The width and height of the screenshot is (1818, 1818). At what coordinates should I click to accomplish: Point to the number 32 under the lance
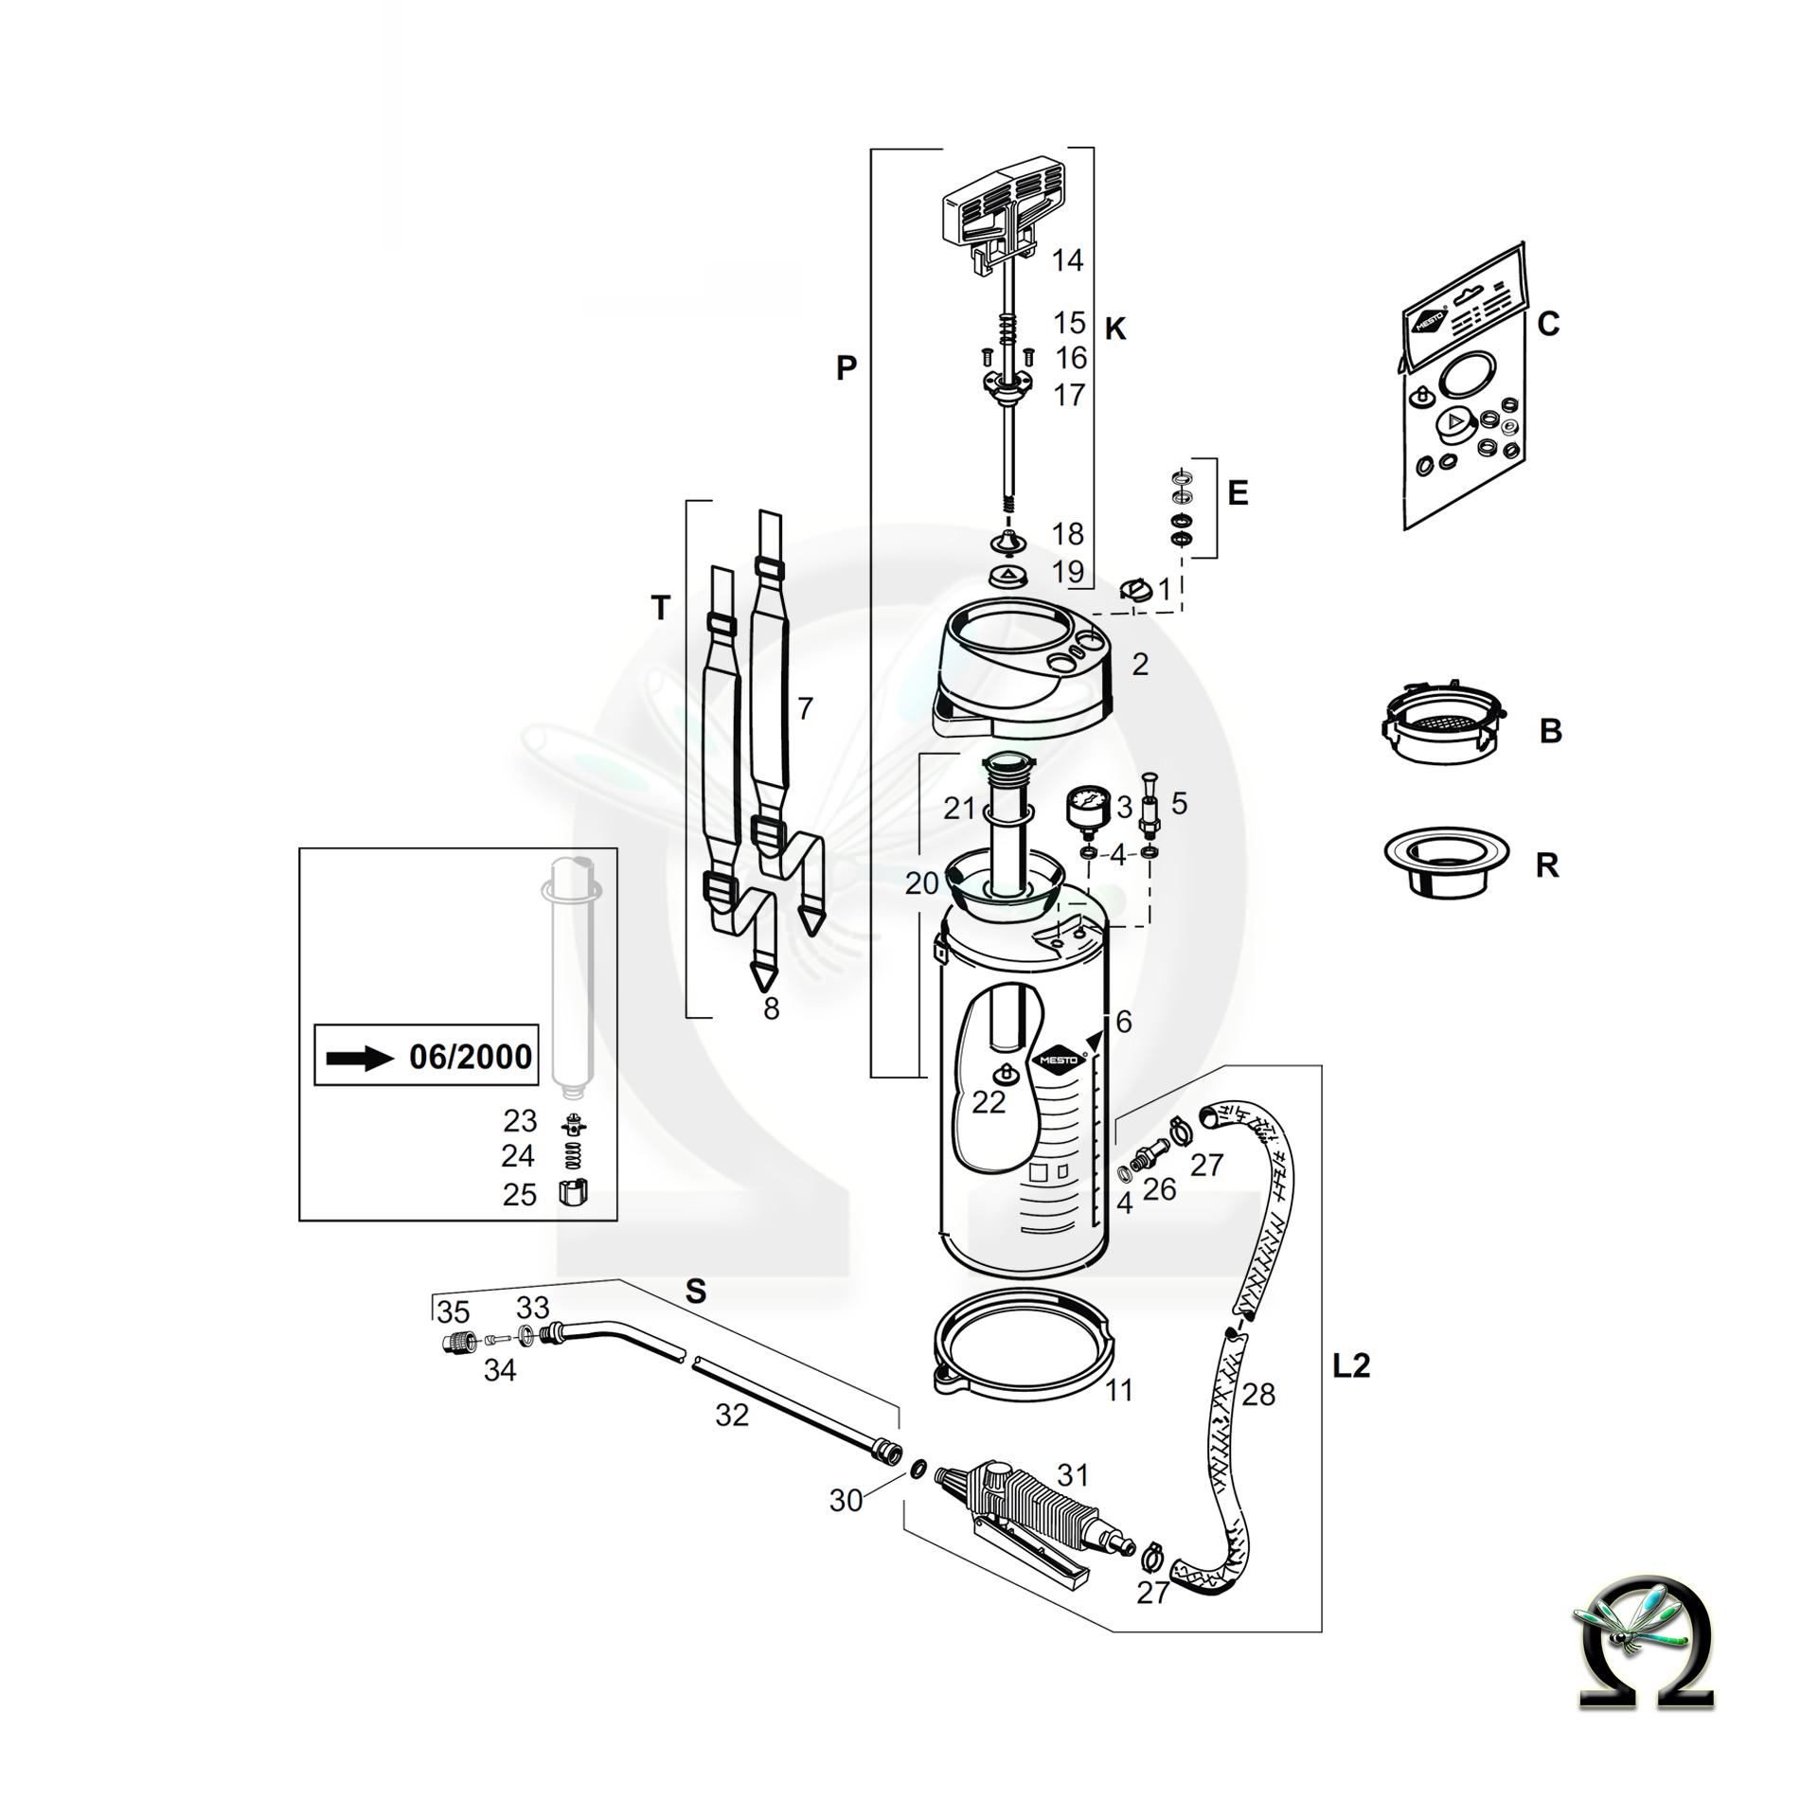[732, 1415]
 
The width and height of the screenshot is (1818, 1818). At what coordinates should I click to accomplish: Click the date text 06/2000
[471, 1056]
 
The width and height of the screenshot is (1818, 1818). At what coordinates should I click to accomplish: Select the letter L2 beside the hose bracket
[1351, 1365]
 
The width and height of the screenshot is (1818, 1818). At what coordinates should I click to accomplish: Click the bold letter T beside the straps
[661, 608]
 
